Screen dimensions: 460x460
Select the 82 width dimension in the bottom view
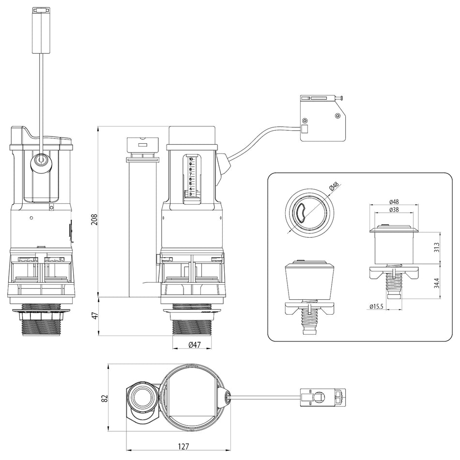(103, 398)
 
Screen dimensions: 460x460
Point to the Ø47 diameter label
(193, 345)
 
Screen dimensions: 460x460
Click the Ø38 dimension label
(393, 210)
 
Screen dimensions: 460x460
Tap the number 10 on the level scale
(191, 159)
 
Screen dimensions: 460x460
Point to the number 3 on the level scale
(191, 194)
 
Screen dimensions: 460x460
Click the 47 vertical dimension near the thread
(94, 316)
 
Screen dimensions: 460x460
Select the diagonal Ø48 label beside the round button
(334, 187)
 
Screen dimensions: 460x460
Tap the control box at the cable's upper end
(322, 118)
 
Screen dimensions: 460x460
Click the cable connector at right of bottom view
(322, 398)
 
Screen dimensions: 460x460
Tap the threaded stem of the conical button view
(308, 319)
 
